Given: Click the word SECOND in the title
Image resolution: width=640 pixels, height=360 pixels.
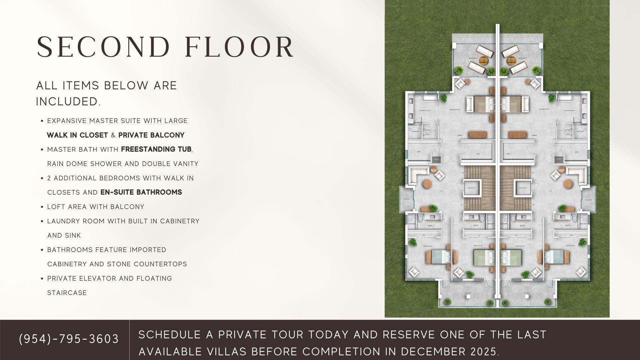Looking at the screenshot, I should (103, 47).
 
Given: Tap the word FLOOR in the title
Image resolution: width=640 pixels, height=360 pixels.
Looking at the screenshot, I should (239, 47).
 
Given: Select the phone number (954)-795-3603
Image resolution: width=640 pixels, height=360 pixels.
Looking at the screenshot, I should (69, 339).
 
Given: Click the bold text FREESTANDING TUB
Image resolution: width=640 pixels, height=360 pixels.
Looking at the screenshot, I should (156, 149).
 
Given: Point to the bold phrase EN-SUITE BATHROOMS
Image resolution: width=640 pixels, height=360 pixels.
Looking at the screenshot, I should (141, 192).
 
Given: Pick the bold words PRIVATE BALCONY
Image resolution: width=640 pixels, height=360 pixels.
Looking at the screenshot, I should (151, 135).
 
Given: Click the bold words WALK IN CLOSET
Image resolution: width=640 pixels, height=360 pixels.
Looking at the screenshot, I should (77, 135).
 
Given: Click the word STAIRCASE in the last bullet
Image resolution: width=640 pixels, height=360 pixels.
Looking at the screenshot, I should (67, 293).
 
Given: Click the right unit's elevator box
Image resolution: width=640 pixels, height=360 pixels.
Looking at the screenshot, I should (522, 188).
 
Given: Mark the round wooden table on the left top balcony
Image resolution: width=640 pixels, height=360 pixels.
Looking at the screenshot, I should (483, 61).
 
